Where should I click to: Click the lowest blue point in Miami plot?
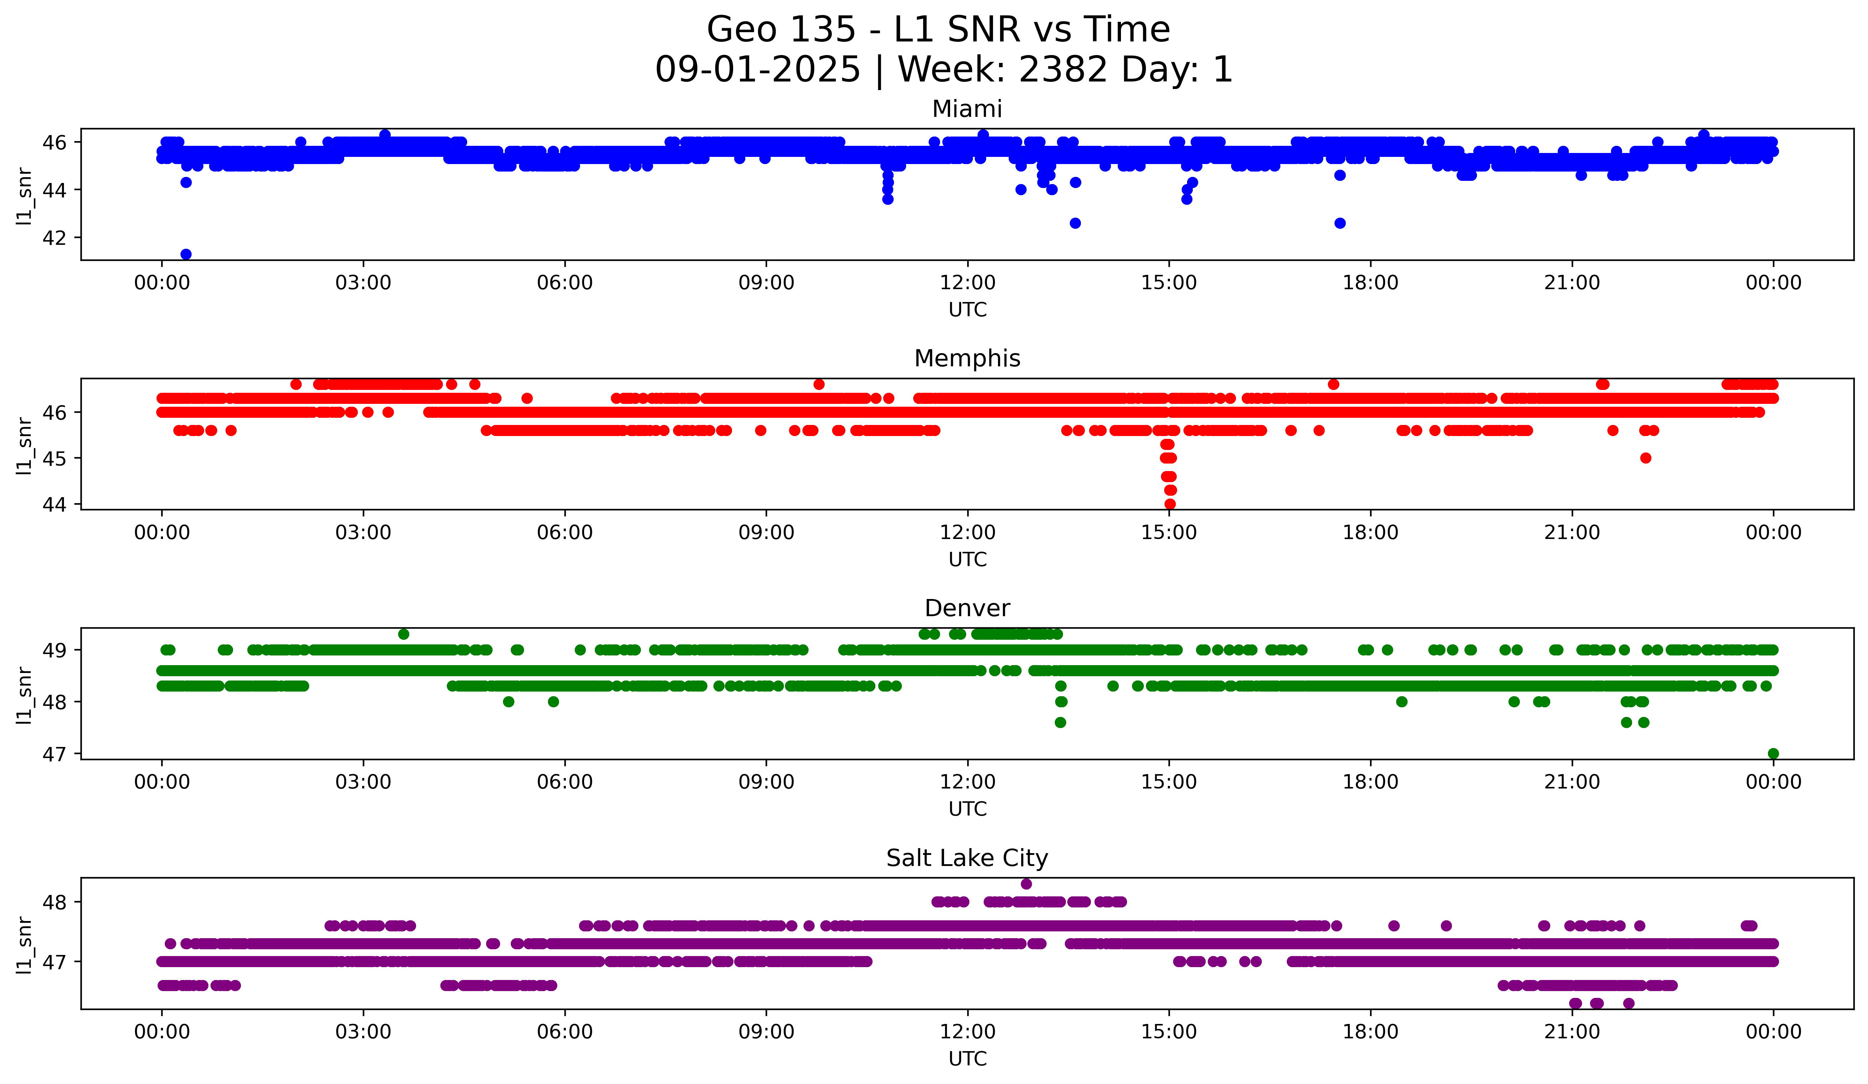tap(186, 254)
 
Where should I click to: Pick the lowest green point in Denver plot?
tap(1773, 753)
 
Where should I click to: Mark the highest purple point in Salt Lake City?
tap(1026, 884)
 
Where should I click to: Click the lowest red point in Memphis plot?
tap(1170, 504)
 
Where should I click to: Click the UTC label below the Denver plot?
tap(967, 809)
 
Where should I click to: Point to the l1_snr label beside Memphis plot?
tap(24, 445)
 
